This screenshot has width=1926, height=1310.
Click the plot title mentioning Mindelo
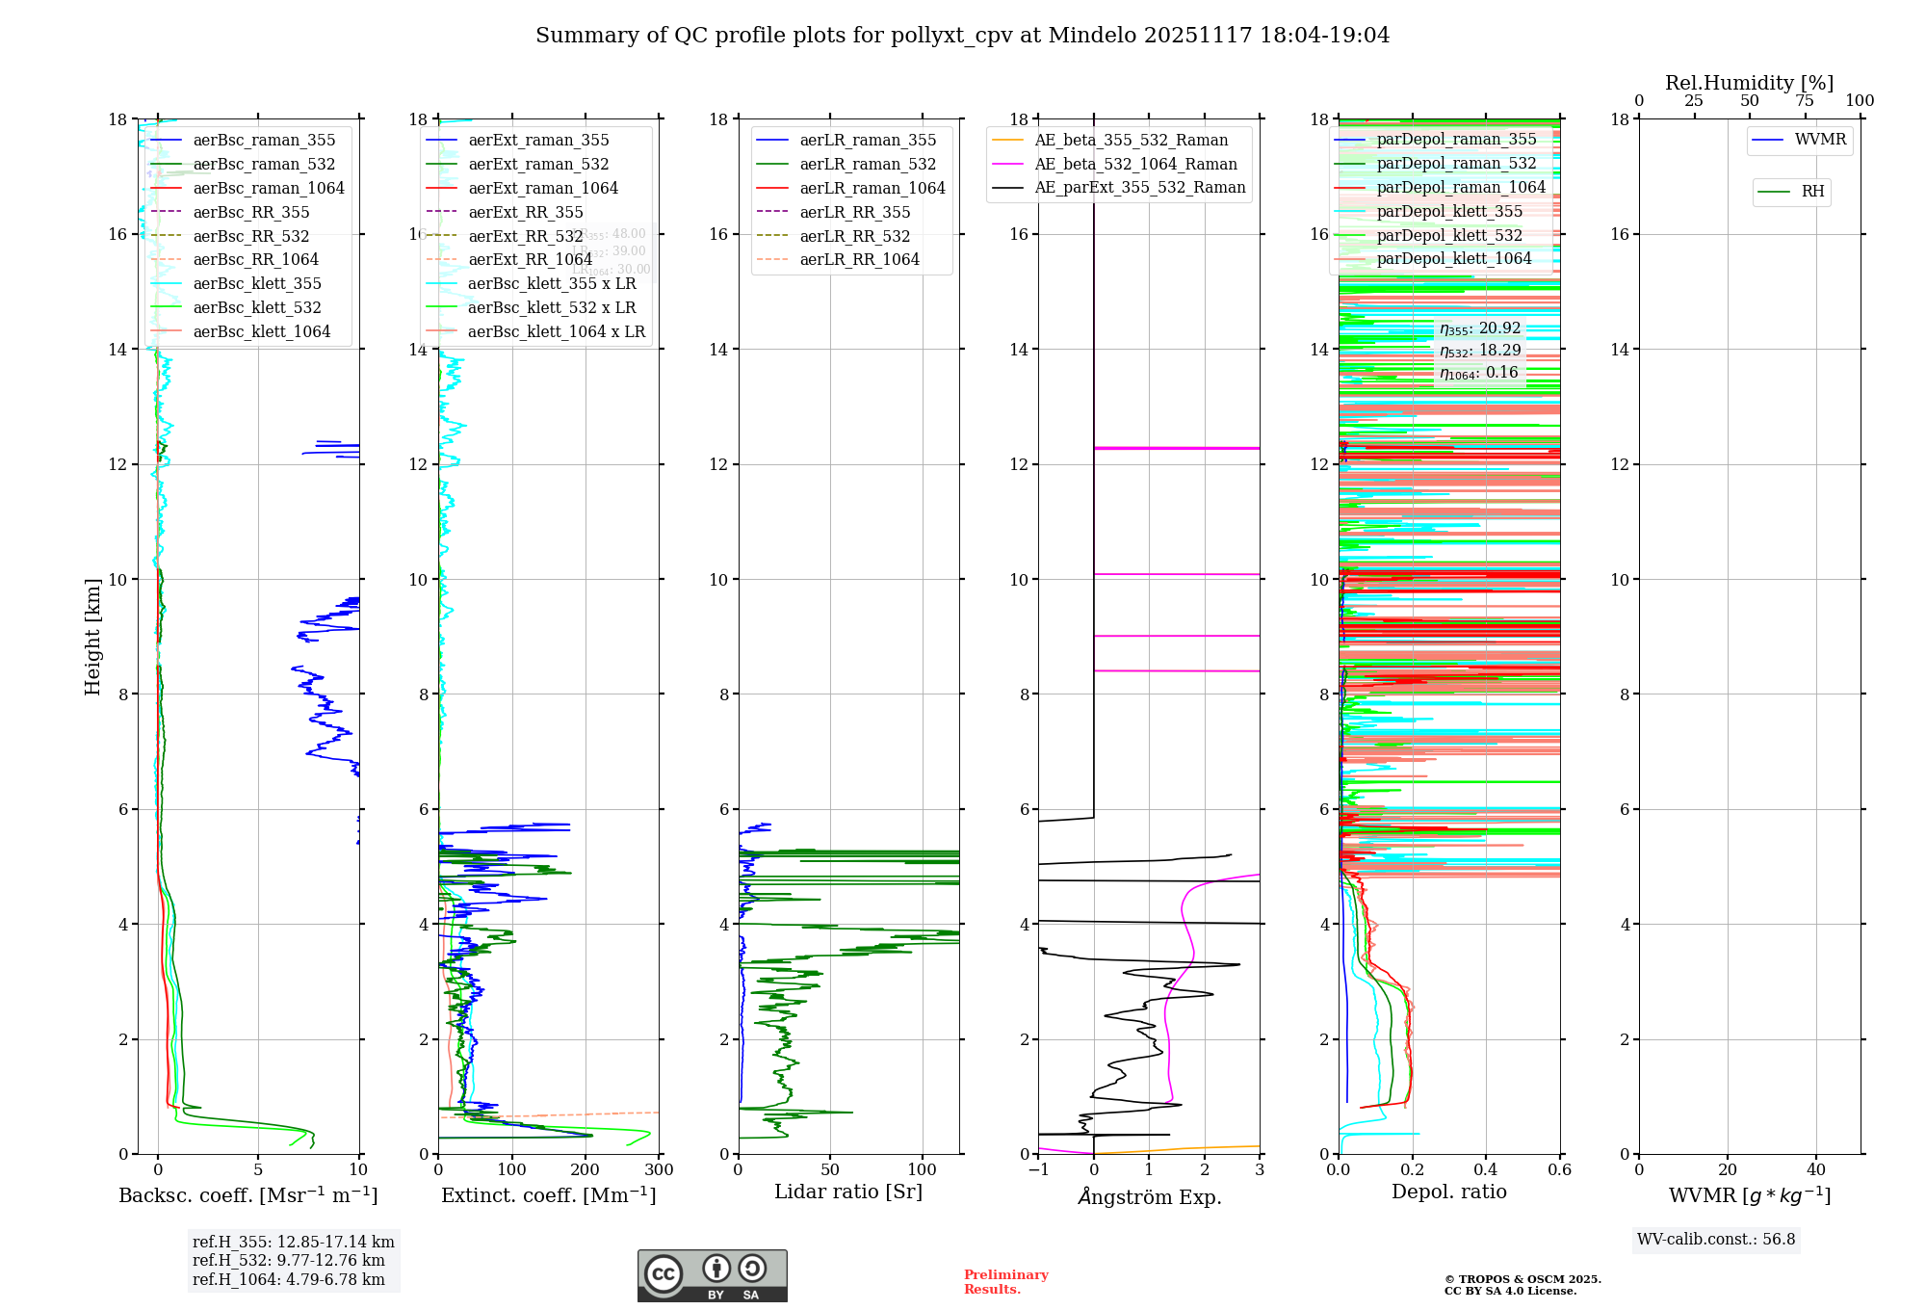962,36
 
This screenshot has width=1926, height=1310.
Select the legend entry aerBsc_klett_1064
261,331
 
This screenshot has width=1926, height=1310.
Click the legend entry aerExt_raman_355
538,141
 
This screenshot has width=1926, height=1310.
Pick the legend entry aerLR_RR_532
854,236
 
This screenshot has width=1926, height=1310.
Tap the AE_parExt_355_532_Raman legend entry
1139,188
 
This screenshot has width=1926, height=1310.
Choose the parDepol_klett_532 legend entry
1449,235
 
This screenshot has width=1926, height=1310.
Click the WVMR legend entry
1820,140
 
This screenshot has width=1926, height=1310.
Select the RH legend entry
1812,192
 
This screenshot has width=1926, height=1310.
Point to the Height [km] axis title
92,637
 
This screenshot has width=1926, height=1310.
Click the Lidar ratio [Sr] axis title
848,1192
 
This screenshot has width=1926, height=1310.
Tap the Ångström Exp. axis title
1149,1197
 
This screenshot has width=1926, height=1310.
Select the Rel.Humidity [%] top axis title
1749,83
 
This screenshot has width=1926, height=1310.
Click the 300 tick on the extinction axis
659,1170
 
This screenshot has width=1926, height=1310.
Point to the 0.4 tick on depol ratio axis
1486,1170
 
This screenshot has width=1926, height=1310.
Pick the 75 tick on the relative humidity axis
1805,101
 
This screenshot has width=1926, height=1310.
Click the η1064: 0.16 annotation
1478,373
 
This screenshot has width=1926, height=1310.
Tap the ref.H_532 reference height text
288,1261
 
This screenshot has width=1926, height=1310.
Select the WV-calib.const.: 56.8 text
1716,1240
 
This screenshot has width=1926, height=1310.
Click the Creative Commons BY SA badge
712,1276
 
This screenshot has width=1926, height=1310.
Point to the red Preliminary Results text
1005,1282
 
